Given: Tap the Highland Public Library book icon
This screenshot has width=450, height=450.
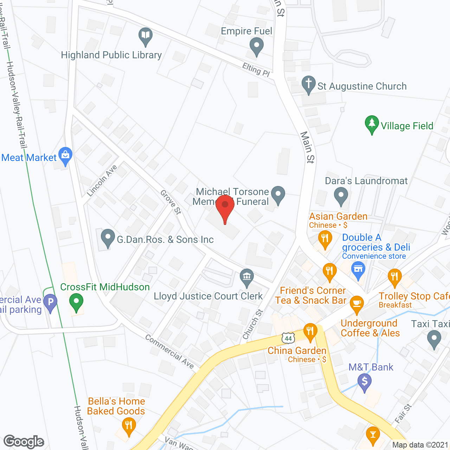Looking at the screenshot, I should (145, 36).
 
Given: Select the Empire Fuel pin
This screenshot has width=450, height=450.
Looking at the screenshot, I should (256, 46).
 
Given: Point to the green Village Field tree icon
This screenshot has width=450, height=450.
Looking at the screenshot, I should (372, 124).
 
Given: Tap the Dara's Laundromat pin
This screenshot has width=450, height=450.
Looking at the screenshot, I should (341, 195).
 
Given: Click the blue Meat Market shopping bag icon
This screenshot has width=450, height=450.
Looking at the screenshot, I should (65, 156).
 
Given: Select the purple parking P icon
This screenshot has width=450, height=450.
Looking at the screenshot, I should (50, 302).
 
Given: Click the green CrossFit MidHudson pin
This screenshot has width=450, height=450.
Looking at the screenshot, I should (76, 302).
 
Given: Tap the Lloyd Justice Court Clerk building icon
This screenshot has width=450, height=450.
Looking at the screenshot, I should (247, 277).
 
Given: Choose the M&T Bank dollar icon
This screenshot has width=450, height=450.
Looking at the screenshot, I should (365, 381).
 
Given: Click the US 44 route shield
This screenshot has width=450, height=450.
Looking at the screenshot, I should (288, 338).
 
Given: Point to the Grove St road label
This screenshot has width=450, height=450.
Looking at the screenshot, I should (171, 202).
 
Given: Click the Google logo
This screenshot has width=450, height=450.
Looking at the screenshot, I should (24, 442).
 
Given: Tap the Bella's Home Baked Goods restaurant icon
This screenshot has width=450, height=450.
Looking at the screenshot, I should (129, 426).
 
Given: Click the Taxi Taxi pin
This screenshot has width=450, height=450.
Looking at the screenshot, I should (434, 340).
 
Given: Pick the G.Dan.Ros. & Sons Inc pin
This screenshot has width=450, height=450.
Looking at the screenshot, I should (108, 238).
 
